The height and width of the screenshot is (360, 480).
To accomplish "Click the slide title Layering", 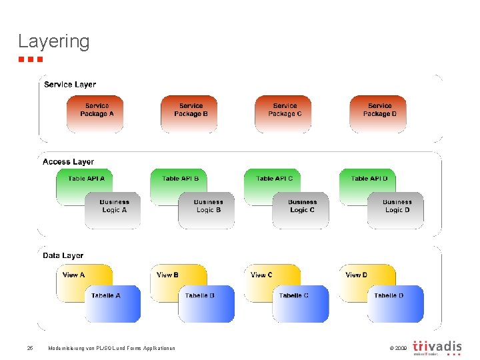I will point(53,41).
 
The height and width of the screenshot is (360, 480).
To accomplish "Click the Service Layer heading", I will point(70,85).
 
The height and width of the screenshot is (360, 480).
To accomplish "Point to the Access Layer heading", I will point(68,162).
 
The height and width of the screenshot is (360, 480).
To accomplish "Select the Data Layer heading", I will point(63,255).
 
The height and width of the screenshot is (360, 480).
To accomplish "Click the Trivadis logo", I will point(437,347).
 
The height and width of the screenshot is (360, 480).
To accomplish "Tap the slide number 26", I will point(30,348).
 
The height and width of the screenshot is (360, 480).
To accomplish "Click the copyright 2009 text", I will point(396,348).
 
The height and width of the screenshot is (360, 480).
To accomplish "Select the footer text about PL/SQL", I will point(111,348).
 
